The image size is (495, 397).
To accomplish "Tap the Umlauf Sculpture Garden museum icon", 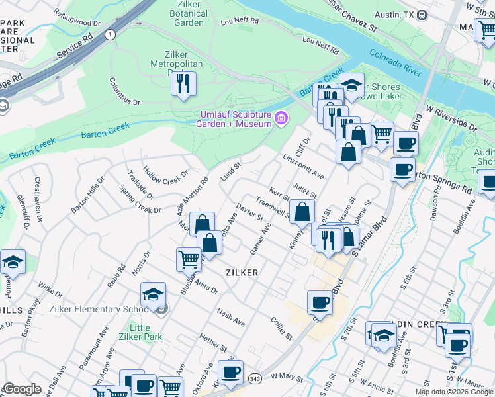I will tap(282, 119).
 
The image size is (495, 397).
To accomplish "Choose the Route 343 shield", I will tap(255, 377).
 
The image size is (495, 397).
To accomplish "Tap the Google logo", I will tap(21, 389).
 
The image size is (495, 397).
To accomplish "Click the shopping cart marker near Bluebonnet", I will tap(189, 259).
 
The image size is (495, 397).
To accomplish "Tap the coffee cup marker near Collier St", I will tap(320, 302).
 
